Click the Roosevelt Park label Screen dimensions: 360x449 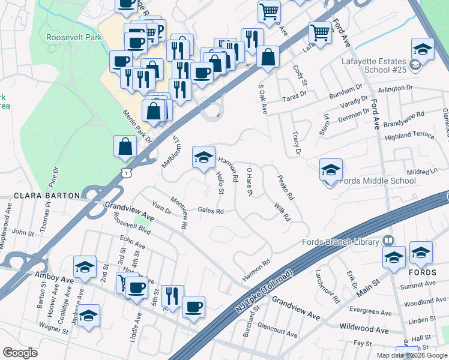point(74,37)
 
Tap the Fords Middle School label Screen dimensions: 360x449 point(378,181)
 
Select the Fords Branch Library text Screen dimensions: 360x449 point(340,242)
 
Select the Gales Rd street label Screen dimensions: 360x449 point(211,211)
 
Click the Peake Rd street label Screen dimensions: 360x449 point(285,187)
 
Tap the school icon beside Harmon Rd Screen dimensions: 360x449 point(203,157)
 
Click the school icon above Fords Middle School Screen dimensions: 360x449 point(330,170)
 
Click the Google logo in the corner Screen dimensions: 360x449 point(20,353)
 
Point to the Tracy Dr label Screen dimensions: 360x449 point(295,143)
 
